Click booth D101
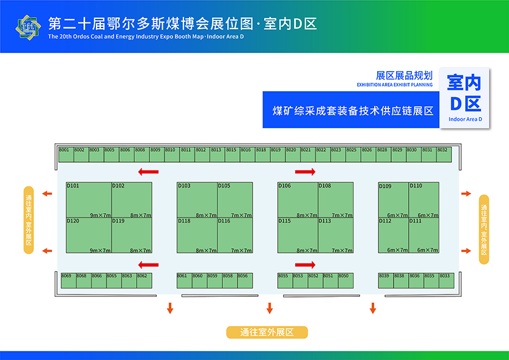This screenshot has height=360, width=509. [x=88, y=200]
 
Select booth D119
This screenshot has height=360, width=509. [x=132, y=236]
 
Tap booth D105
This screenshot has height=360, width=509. [x=235, y=200]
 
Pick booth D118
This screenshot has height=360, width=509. [x=197, y=236]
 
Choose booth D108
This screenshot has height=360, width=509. [x=335, y=200]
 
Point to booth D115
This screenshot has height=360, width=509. [x=298, y=236]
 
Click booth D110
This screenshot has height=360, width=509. [x=424, y=200]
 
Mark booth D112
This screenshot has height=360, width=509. [x=394, y=236]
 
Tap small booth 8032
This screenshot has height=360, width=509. [x=444, y=154]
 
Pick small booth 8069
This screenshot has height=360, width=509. [x=67, y=280]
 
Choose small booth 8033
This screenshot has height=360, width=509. [x=445, y=280]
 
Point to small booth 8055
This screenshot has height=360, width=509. [x=284, y=280]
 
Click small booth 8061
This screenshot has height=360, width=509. [x=183, y=280]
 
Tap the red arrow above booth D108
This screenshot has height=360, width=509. [x=305, y=172]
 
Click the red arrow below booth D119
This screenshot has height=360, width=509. [x=148, y=265]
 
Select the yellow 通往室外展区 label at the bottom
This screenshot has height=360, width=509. [x=267, y=332]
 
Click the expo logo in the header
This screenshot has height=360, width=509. [x=28, y=26]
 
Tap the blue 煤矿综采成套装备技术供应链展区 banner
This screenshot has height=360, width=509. [x=350, y=110]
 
